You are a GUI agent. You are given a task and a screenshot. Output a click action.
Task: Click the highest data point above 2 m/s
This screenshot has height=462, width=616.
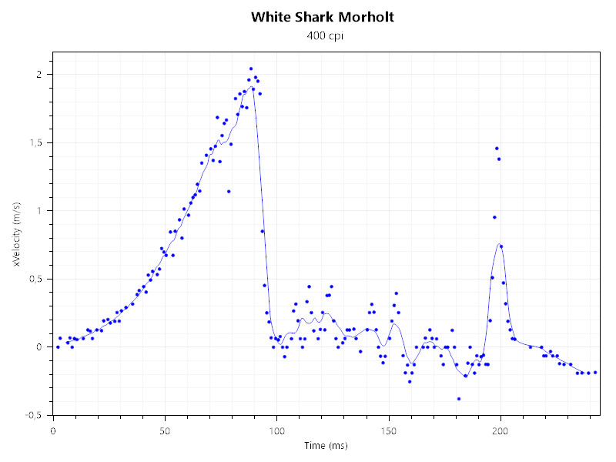(251, 69)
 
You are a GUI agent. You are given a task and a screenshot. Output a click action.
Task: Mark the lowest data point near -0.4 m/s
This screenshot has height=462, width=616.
(459, 399)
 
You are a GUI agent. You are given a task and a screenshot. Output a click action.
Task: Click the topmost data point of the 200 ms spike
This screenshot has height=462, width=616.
(497, 148)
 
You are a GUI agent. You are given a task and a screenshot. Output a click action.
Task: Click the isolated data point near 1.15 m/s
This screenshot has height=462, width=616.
(229, 191)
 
